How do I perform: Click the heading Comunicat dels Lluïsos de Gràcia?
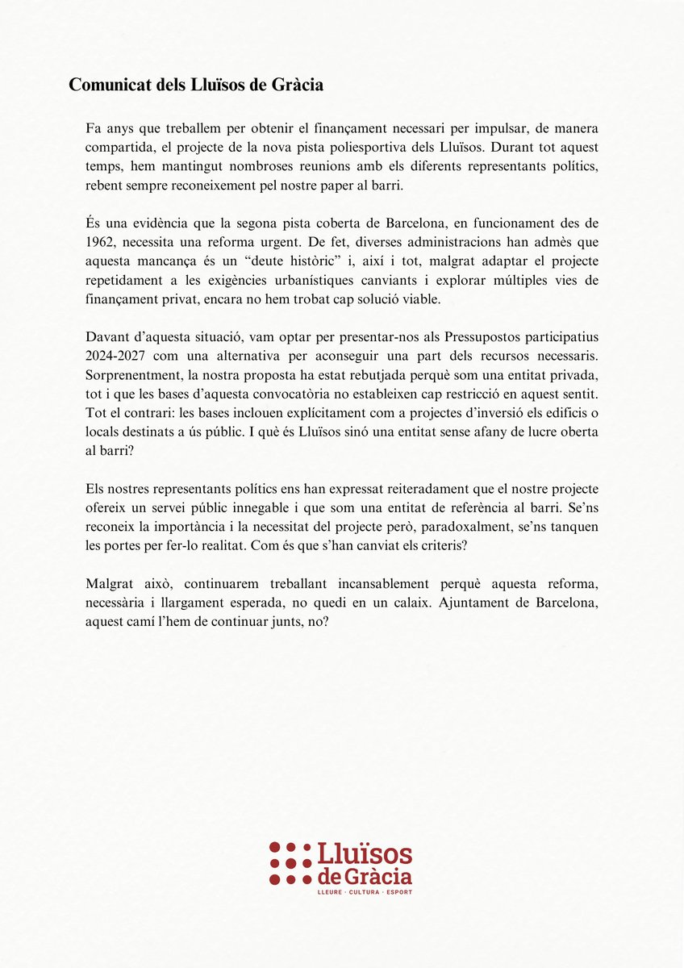196,85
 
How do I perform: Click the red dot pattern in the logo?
290,863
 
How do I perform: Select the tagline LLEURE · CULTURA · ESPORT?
365,893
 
